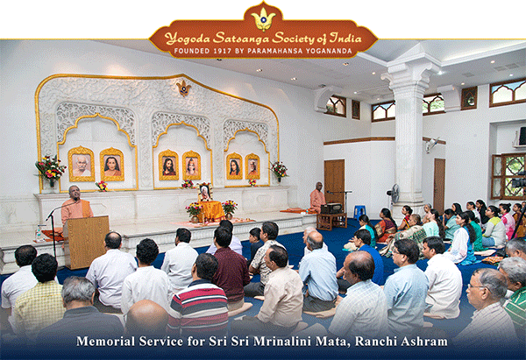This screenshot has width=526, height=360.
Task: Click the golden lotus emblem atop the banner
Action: coord(263,19)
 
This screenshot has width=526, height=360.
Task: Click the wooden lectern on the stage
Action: coord(87,242)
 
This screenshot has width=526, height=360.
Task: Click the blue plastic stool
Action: coord(359,212)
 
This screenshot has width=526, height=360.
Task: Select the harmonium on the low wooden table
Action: coord(331,208)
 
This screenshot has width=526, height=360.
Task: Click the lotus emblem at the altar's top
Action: coord(183,88)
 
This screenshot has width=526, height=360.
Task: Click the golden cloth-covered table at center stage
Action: coord(211,211)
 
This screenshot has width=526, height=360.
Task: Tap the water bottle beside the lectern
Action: coord(39,234)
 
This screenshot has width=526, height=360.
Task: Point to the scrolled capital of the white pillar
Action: coord(410,73)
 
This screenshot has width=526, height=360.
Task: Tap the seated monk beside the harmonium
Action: coord(317,198)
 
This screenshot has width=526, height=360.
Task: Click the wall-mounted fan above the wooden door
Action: coord(431,145)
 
